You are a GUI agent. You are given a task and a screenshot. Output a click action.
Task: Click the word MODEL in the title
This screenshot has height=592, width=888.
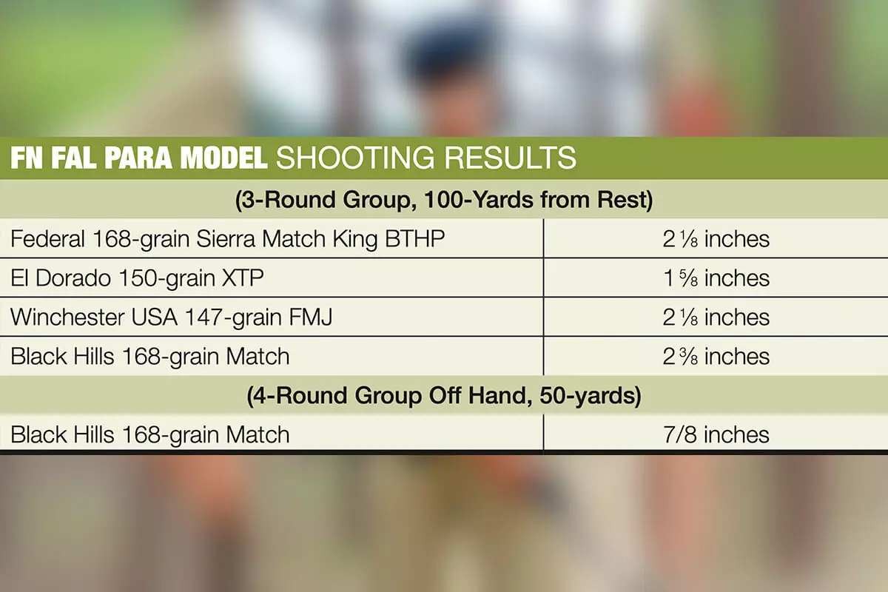224,158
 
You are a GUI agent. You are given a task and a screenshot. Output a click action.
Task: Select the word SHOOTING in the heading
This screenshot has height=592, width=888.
355,158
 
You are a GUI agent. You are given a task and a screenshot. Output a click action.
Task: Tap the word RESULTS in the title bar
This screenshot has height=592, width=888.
510,158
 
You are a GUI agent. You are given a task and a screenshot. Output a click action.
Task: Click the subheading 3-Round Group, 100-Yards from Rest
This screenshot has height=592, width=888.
444,200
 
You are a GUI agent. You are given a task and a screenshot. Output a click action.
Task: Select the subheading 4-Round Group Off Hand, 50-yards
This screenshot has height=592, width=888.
444,395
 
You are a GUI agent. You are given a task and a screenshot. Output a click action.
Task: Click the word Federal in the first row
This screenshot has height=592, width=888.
47,239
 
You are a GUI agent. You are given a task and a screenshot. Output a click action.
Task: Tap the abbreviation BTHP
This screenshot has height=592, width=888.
414,239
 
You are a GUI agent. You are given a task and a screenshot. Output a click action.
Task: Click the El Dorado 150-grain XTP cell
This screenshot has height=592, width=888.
137,278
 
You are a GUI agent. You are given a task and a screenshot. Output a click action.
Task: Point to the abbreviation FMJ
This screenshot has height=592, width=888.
310,317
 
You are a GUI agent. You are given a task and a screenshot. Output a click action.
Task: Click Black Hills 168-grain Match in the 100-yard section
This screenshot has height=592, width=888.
150,356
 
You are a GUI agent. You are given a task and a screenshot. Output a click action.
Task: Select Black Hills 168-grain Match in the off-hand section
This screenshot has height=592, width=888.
150,434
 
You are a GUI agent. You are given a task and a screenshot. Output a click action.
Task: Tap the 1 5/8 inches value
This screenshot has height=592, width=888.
716,278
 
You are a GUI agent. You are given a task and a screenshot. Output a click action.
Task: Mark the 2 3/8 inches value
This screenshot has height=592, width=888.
716,356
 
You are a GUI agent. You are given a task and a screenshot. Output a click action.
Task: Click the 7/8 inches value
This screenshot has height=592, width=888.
716,434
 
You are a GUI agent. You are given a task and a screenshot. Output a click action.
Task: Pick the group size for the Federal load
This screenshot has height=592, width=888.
716,239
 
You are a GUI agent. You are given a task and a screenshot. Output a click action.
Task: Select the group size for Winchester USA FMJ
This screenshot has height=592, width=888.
716,317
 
